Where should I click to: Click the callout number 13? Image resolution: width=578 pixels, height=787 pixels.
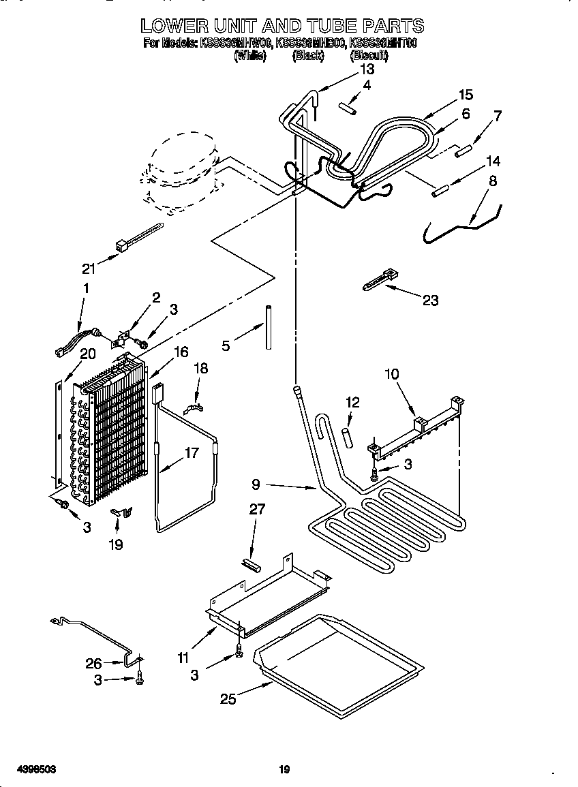pyautogui.click(x=367, y=69)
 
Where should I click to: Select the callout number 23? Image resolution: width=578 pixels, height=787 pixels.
pyautogui.click(x=430, y=300)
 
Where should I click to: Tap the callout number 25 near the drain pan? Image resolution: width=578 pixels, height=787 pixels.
pyautogui.click(x=228, y=699)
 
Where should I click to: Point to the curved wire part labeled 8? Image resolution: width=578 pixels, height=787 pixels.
pyautogui.click(x=463, y=221)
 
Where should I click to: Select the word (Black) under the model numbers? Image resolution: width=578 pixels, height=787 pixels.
pyautogui.click(x=307, y=57)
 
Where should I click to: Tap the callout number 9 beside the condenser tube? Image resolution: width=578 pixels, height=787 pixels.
pyautogui.click(x=256, y=485)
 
